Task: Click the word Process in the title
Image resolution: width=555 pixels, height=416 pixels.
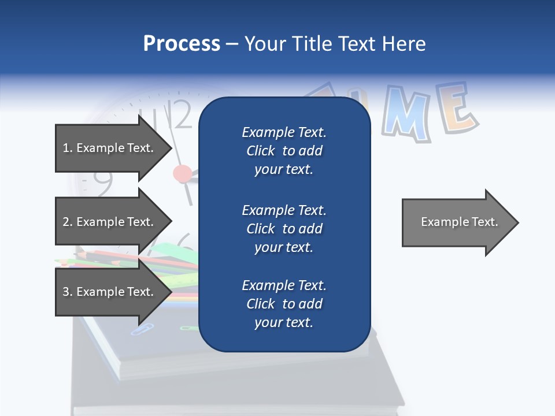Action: [182, 44]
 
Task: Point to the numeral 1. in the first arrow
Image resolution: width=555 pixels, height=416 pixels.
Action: [67, 148]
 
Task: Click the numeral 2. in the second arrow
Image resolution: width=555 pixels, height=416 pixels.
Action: [67, 222]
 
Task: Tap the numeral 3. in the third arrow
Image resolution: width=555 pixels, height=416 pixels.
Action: [67, 292]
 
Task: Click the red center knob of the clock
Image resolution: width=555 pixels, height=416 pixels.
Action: [183, 173]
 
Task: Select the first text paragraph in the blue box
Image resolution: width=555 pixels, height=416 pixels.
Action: [284, 151]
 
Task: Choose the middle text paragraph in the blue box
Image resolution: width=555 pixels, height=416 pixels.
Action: [284, 229]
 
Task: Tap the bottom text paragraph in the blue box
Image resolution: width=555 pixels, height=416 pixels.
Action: [284, 304]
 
